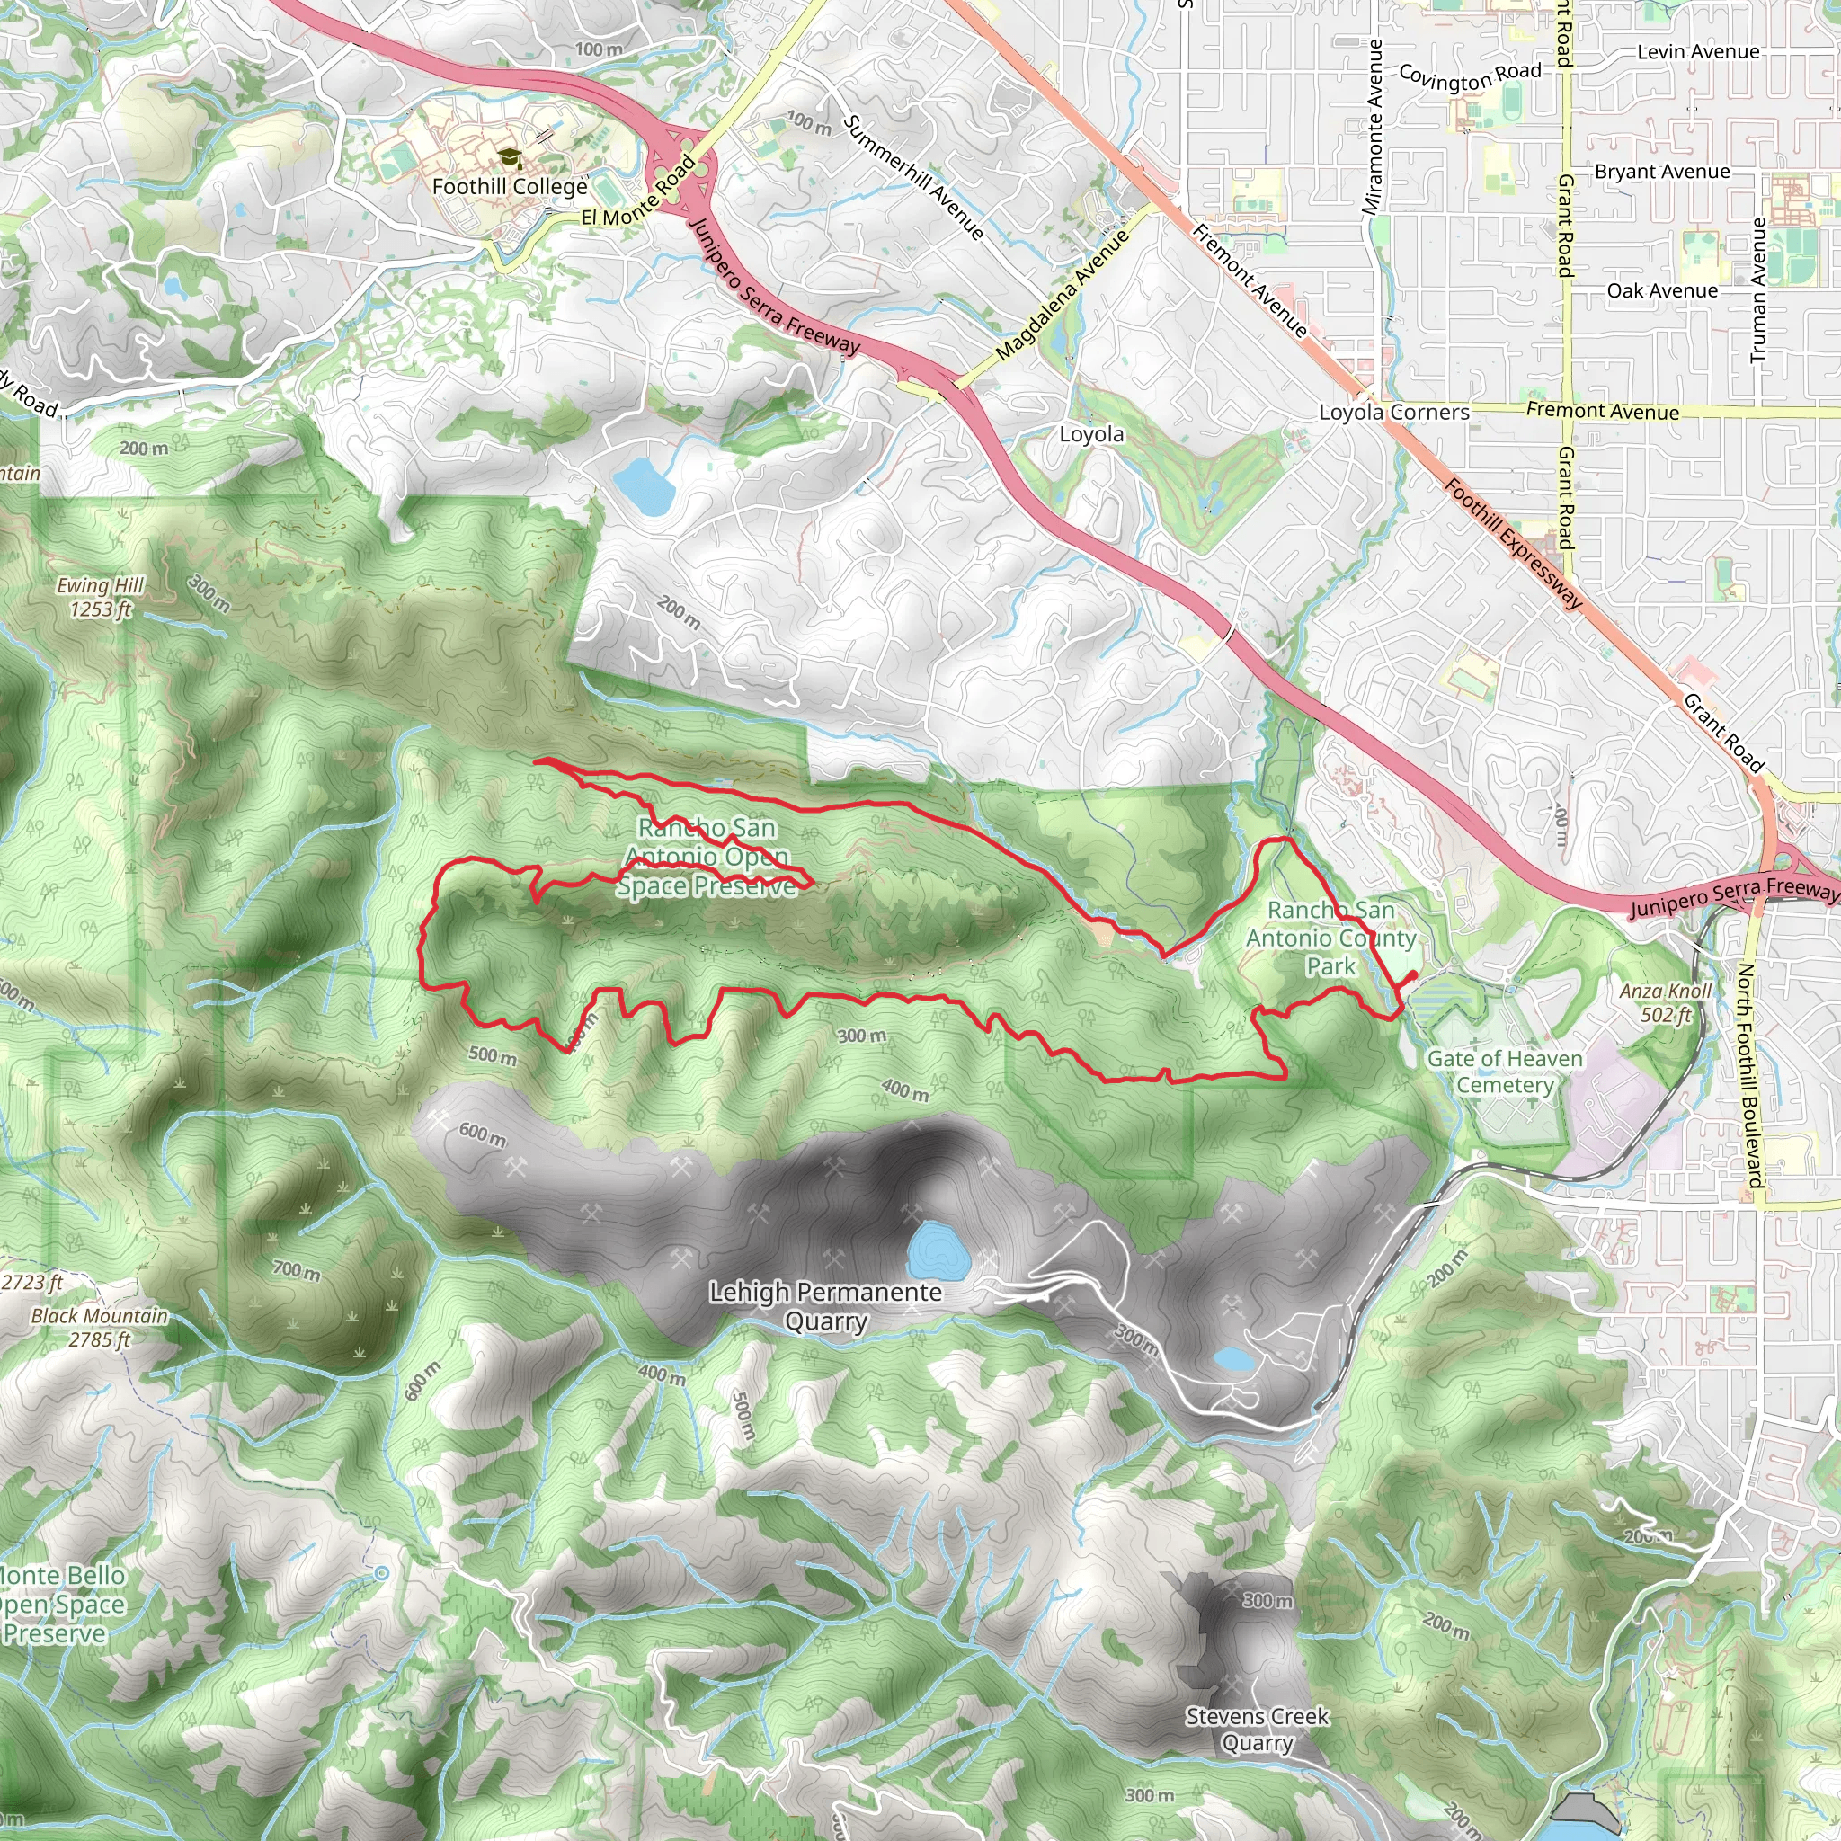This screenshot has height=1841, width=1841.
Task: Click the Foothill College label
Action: pyautogui.click(x=510, y=187)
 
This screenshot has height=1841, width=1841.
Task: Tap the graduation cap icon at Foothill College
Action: pyautogui.click(x=510, y=158)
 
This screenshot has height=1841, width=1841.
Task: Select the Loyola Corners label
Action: pyautogui.click(x=1394, y=413)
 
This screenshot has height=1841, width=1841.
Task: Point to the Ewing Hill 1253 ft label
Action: pyautogui.click(x=100, y=598)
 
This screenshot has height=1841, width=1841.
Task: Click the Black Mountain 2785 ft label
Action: pyautogui.click(x=99, y=1328)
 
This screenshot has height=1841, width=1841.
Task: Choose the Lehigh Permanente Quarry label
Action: pyautogui.click(x=825, y=1306)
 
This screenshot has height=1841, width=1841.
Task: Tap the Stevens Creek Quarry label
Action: pyautogui.click(x=1257, y=1730)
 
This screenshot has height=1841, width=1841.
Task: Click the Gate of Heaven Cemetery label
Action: pyautogui.click(x=1505, y=1072)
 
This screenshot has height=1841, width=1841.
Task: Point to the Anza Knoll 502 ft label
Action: pyautogui.click(x=1666, y=1002)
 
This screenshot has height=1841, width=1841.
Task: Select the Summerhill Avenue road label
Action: pyautogui.click(x=913, y=177)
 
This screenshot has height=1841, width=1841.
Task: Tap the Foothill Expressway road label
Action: pyautogui.click(x=1513, y=544)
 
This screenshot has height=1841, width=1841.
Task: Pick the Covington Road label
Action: pyautogui.click(x=1470, y=76)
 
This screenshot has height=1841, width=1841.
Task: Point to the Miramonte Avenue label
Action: pyautogui.click(x=1374, y=127)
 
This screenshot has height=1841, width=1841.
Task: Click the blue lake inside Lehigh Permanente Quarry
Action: pyautogui.click(x=938, y=1250)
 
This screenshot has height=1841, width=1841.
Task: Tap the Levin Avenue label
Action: pyautogui.click(x=1698, y=52)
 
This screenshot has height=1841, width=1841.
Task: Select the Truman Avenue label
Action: pyautogui.click(x=1759, y=289)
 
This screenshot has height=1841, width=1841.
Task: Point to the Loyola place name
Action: pyautogui.click(x=1092, y=434)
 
